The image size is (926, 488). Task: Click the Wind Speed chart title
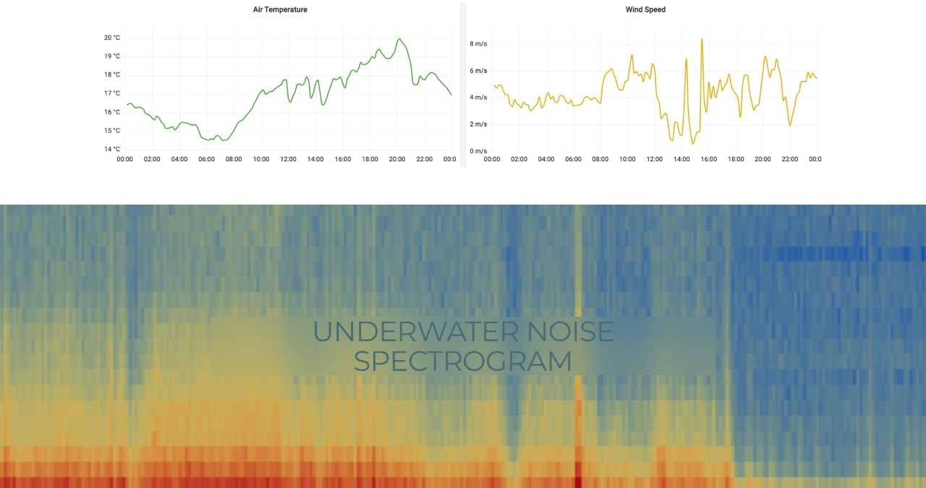pos(645,9)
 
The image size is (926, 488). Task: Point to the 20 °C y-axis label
pos(111,38)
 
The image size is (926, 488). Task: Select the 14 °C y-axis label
pos(111,150)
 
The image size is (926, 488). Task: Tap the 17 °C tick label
pos(111,93)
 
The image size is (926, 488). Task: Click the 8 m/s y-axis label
pos(478,44)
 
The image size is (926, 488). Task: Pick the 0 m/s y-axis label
pos(478,151)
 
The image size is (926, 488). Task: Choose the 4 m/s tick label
pos(478,98)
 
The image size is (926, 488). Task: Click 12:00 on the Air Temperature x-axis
pos(288,159)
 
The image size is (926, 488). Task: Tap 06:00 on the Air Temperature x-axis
pos(206,159)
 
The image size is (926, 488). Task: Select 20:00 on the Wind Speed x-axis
pos(763,159)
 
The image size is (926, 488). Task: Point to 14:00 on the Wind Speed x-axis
pos(681,159)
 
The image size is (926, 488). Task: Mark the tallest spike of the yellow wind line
pos(702,39)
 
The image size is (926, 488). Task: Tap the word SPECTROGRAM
pos(462,361)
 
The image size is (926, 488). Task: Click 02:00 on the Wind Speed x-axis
pos(519,159)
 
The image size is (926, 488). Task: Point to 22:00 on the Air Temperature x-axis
pos(424,159)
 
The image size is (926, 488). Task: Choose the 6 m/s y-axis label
pos(478,71)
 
